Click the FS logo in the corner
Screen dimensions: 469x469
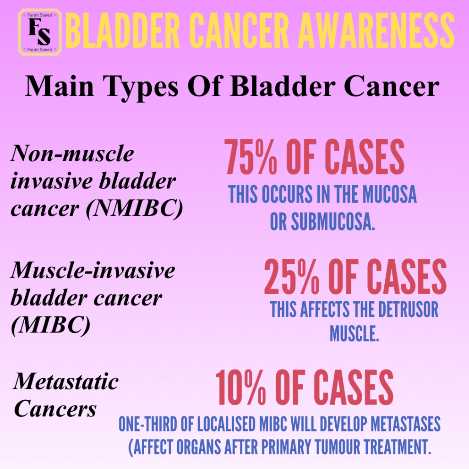pyautogui.click(x=40, y=32)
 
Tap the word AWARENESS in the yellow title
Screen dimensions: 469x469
pyautogui.click(x=376, y=31)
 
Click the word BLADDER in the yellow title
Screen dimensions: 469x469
pyautogui.click(x=123, y=31)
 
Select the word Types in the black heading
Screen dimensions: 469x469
pyautogui.click(x=141, y=87)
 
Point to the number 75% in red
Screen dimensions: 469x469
pyautogui.click(x=251, y=157)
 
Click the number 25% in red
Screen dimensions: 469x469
pyautogui.click(x=292, y=277)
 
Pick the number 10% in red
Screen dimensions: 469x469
pyautogui.click(x=240, y=387)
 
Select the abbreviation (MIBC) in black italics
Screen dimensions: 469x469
pyautogui.click(x=50, y=325)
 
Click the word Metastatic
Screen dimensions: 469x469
pyautogui.click(x=66, y=382)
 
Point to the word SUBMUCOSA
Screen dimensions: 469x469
pyautogui.click(x=333, y=222)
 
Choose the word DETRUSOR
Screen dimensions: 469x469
pyautogui.click(x=408, y=309)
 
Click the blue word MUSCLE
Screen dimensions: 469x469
pyautogui.click(x=354, y=333)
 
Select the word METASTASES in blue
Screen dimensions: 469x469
pyautogui.click(x=405, y=424)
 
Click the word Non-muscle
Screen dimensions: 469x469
pyautogui.click(x=72, y=153)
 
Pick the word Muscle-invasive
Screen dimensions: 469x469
pyautogui.click(x=93, y=270)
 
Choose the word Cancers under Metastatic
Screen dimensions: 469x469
pyautogui.click(x=55, y=409)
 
